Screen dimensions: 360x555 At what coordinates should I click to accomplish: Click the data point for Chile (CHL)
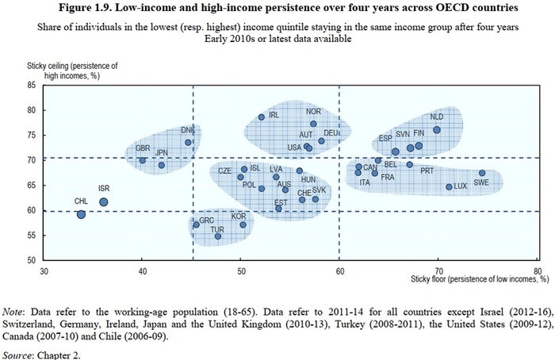coord(81,214)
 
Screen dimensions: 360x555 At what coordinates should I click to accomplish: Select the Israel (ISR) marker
coord(104,202)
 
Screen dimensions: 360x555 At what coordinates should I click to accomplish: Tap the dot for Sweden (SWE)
coord(482,173)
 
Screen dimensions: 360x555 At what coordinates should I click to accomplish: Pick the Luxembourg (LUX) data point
coord(449,187)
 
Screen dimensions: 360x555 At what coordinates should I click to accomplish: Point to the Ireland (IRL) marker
coord(261,117)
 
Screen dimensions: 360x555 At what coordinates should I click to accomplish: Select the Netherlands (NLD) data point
coord(437,130)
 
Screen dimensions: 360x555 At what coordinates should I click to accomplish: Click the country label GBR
coord(143,149)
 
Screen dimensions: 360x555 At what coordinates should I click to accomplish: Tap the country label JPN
coord(162,153)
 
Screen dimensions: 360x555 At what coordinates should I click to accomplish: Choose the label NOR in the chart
coord(313,112)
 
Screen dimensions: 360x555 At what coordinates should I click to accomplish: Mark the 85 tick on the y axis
coord(31,85)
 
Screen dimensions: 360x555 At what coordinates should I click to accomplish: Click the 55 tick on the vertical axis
coord(31,236)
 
